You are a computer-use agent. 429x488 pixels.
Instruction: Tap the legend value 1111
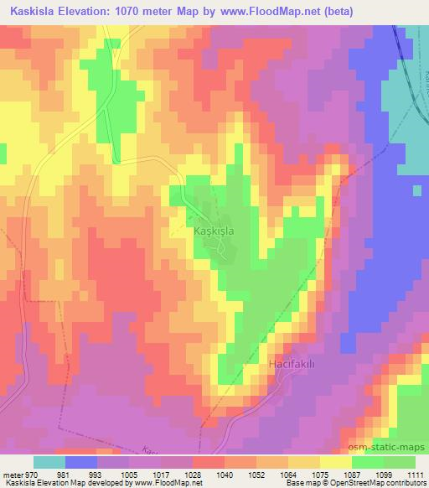click(415, 475)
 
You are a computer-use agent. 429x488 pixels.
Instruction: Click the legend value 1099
click(383, 475)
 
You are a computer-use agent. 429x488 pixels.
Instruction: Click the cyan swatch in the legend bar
click(49, 462)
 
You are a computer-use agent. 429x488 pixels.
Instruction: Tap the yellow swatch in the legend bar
click(335, 462)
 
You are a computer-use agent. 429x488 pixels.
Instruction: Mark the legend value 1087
click(352, 475)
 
